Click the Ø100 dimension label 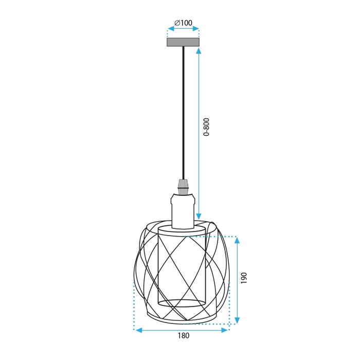[183, 23]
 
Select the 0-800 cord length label [207, 127]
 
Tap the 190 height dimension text [244, 278]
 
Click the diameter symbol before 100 [176, 23]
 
